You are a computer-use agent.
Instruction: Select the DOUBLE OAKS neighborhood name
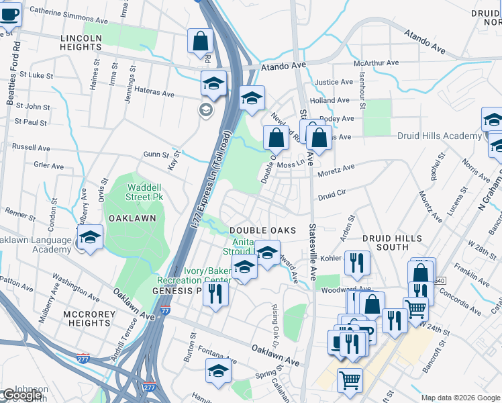tap(263, 230)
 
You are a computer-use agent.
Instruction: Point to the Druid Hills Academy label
tap(448, 136)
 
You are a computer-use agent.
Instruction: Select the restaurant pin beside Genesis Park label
tap(215, 294)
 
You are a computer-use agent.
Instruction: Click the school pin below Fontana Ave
tap(218, 371)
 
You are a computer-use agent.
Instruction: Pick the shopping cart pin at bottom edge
tap(350, 381)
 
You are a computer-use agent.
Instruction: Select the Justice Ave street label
tap(334, 82)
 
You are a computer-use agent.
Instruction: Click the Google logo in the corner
tap(21, 395)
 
